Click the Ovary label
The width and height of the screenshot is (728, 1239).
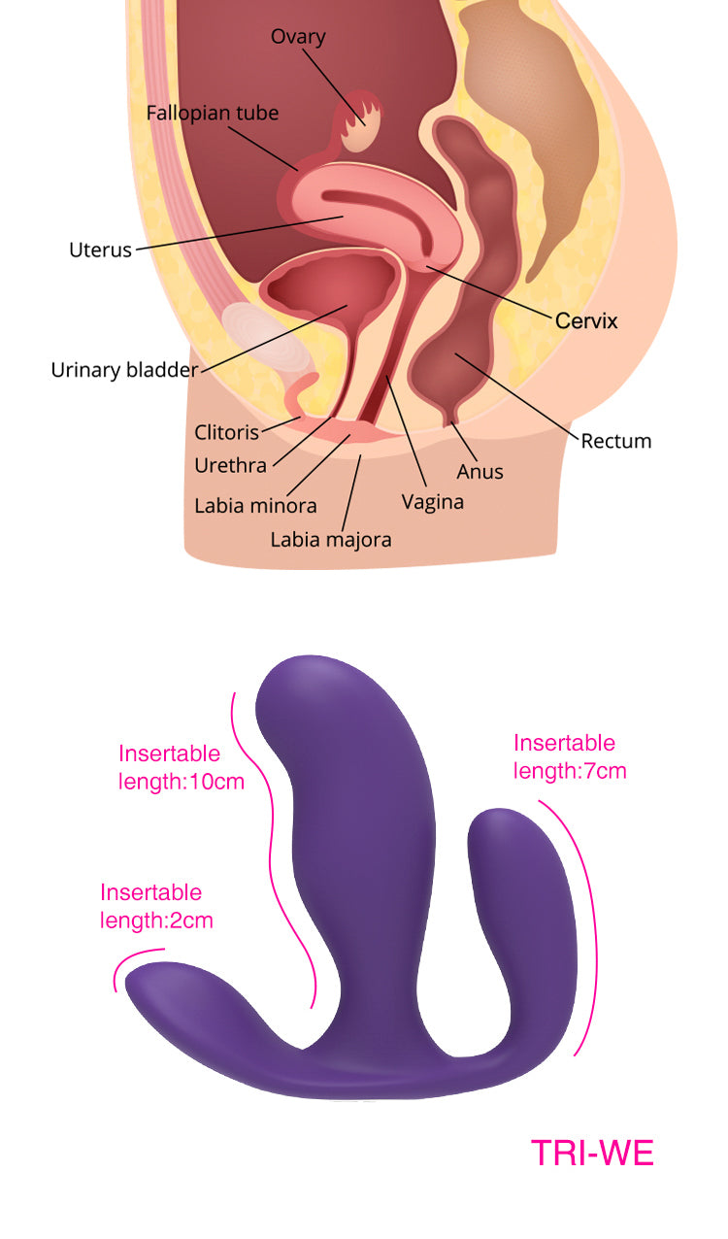coord(298,37)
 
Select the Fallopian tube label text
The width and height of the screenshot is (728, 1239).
coord(213,113)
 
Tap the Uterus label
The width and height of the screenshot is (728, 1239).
coord(100,250)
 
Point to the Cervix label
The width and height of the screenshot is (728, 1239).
coord(586,320)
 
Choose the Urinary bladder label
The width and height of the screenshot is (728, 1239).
coord(124,370)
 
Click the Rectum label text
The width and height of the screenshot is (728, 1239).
coord(616,441)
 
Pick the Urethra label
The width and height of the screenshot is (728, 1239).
coord(230,465)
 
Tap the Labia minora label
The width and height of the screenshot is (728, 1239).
coord(255,506)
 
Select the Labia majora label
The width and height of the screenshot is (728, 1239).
coord(331,539)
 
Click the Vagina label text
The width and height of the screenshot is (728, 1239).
coord(433,502)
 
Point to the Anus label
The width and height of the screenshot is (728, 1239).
coord(480,472)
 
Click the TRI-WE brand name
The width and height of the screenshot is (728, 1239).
coord(592,1153)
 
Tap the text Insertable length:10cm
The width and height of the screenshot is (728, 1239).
coord(181,767)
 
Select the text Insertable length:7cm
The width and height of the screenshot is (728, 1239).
coord(570,757)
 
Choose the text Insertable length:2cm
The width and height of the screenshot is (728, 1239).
coord(156,906)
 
